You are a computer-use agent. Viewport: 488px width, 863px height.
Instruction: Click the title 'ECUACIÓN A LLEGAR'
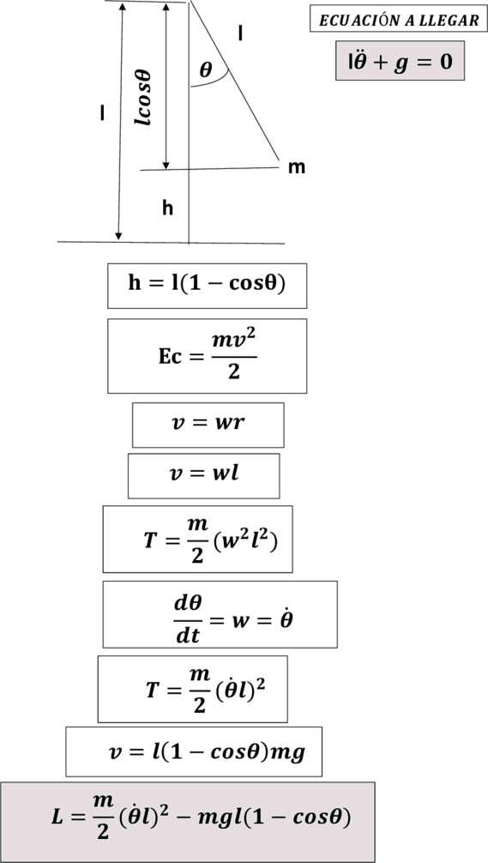399,21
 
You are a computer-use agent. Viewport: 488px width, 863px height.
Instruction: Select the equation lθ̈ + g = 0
400,61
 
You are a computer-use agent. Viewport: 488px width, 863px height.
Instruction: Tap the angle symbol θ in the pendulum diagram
205,69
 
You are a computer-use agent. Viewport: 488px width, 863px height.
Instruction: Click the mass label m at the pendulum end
297,167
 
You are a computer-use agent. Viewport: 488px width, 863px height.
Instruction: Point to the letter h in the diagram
168,208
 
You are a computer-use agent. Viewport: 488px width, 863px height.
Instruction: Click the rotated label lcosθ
143,97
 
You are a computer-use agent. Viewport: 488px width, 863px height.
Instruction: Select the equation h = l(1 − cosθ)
207,283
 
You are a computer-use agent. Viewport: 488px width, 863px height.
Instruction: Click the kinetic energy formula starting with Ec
208,356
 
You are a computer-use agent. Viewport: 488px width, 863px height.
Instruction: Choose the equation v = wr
208,423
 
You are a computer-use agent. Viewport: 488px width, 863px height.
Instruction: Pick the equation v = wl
204,474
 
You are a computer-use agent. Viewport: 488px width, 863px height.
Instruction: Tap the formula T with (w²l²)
211,540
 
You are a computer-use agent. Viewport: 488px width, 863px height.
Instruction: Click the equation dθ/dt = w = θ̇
233,619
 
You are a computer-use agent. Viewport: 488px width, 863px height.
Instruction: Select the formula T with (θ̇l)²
205,690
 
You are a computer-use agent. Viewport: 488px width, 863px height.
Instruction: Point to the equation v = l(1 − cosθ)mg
207,752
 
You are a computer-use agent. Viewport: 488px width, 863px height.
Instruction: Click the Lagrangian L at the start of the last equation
57,817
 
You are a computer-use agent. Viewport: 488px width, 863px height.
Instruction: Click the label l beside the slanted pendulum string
240,34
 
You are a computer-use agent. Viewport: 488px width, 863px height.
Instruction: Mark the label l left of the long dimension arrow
102,113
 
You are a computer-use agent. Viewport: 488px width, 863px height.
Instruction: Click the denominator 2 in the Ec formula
234,371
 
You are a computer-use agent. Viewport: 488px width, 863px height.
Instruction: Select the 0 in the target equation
445,61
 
